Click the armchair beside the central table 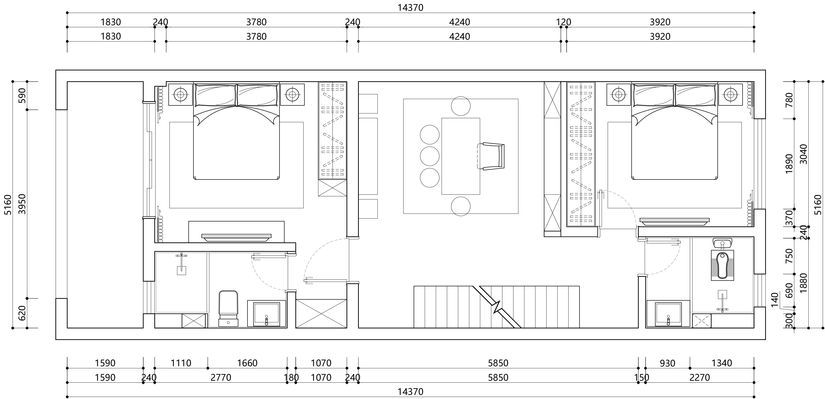[491, 156]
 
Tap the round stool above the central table [460, 106]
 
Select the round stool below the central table [460, 206]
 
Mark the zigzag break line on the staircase [497, 307]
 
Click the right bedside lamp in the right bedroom [730, 94]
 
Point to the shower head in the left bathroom [181, 264]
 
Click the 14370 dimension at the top [410, 7]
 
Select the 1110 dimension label [181, 363]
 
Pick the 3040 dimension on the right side [804, 154]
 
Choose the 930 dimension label [668, 363]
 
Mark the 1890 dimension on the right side [789, 163]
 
